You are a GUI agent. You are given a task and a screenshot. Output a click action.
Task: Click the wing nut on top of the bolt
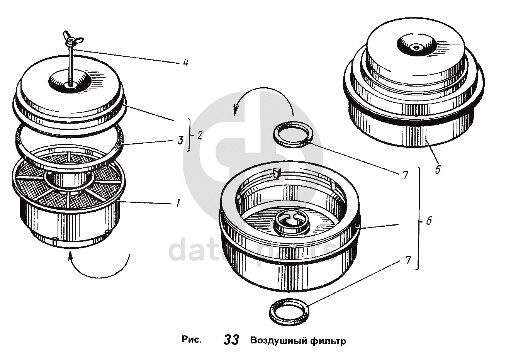point(72,40)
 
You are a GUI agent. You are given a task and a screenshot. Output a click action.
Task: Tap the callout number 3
point(180,140)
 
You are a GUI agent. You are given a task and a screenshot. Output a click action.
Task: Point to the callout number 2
point(200,136)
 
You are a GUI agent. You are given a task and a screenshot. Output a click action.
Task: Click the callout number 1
point(178,203)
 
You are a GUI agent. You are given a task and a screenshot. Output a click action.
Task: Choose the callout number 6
point(429,221)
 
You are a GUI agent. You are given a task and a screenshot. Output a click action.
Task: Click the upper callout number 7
point(406,175)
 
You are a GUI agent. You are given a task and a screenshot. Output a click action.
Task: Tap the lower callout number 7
point(408,260)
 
